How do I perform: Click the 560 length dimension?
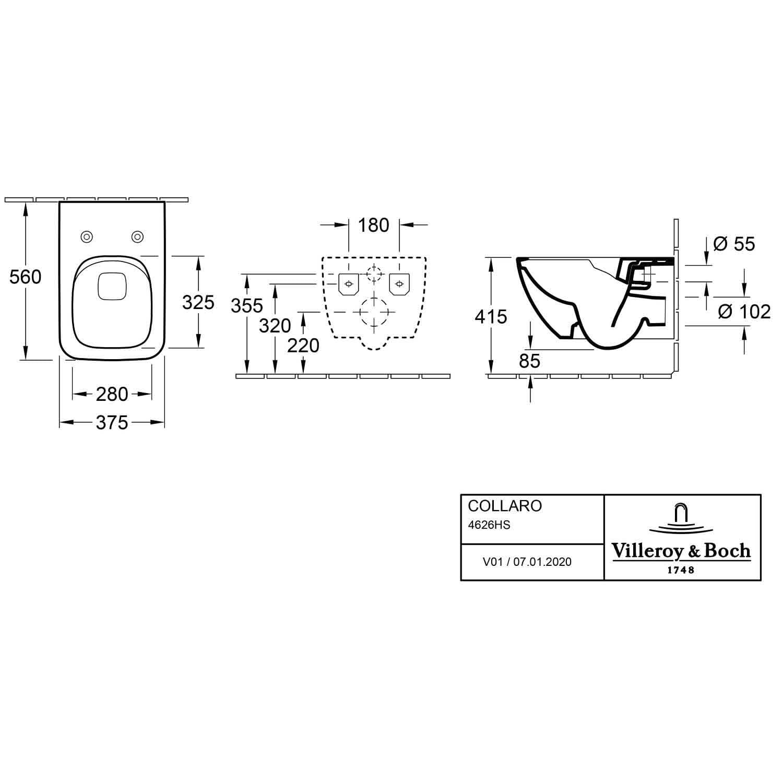[25, 277]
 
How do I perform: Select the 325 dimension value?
[198, 302]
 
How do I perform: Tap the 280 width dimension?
[112, 394]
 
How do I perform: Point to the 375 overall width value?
[112, 422]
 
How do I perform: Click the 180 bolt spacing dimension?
[374, 225]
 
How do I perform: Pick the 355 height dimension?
[247, 305]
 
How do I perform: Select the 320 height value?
[275, 326]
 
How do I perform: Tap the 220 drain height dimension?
[303, 345]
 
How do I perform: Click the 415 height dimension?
[491, 316]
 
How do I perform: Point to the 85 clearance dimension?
[530, 361]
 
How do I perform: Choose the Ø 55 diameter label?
[734, 244]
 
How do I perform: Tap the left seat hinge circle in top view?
[87, 237]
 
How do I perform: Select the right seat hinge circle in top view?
[137, 237]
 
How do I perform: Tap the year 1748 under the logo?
[681, 570]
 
